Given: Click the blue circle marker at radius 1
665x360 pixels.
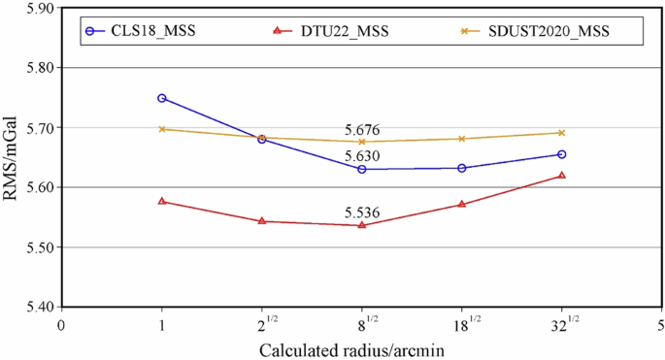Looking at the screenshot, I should [162, 98].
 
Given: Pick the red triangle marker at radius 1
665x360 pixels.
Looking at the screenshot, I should [162, 201].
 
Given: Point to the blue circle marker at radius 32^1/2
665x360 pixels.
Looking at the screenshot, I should [562, 154].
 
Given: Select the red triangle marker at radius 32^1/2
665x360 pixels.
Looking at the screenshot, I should [562, 176].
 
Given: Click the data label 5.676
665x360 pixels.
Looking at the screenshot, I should [361, 130].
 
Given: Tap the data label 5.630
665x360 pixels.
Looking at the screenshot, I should [361, 156].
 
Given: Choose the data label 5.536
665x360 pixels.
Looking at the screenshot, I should [361, 213].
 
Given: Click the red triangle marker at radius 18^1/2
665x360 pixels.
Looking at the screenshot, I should [462, 204].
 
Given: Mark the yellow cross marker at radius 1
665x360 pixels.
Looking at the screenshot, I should [162, 129].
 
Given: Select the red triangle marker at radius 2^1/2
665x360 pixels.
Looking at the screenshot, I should [262, 221].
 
